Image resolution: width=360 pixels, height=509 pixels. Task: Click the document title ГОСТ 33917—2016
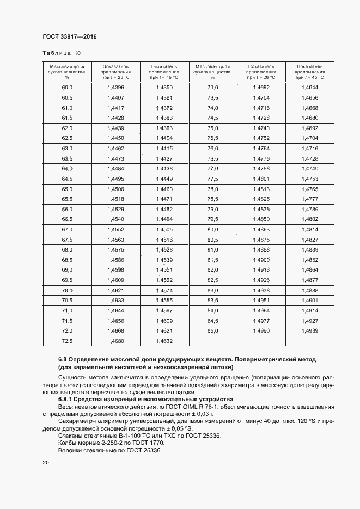(x=69, y=37)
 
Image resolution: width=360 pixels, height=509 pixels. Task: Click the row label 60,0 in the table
(x=67, y=88)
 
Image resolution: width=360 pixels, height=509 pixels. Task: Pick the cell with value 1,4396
(x=116, y=88)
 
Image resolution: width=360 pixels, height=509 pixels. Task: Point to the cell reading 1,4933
(x=116, y=301)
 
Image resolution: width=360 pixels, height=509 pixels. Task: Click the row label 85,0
(x=212, y=331)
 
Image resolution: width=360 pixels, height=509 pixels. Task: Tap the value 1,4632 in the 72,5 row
(x=164, y=341)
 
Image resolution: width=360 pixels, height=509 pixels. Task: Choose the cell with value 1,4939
(x=309, y=331)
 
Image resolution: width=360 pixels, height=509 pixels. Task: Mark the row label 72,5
(x=67, y=341)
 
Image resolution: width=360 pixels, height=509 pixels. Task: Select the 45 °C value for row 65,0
(x=164, y=189)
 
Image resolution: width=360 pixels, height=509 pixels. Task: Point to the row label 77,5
(x=212, y=179)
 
